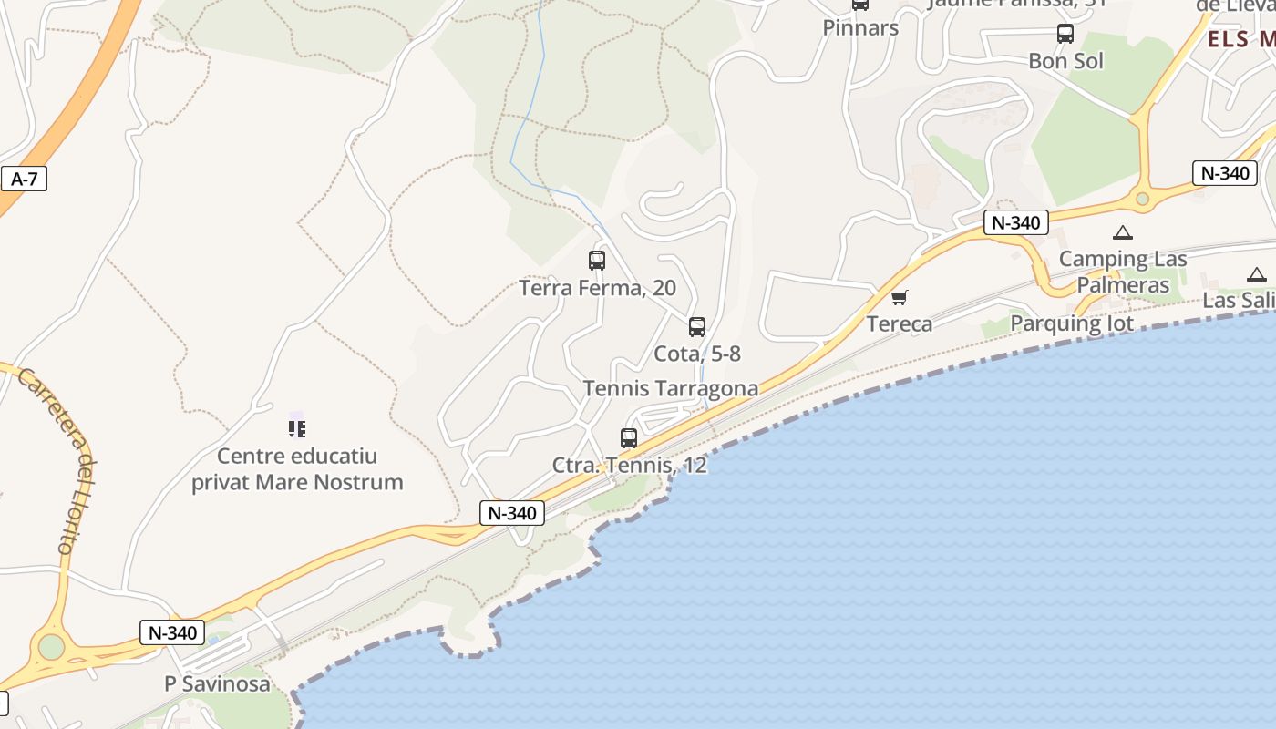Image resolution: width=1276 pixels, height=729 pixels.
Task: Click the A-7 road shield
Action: tap(25, 179)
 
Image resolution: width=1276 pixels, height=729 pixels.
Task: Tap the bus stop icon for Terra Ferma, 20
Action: tap(597, 261)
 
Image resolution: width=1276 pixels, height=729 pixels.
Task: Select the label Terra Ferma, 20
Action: tap(597, 288)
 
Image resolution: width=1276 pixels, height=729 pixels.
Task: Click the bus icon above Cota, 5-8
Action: tap(697, 326)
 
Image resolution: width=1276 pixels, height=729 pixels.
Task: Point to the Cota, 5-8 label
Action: tap(697, 354)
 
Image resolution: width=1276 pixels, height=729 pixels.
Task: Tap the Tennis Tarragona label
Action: tap(670, 388)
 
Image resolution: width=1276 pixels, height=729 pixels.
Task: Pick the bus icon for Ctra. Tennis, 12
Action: tap(629, 437)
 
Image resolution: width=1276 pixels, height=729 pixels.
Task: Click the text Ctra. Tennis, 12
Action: tap(629, 465)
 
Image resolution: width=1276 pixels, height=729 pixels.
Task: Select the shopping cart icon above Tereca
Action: tap(900, 297)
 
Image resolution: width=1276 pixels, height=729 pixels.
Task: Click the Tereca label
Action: tap(900, 323)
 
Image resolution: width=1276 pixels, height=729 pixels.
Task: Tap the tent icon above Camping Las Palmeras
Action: tap(1123, 233)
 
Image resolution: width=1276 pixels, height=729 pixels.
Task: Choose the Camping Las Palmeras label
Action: tap(1124, 272)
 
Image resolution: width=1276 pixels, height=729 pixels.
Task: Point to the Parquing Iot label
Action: tap(1072, 323)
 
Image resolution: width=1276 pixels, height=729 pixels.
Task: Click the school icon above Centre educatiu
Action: tap(296, 427)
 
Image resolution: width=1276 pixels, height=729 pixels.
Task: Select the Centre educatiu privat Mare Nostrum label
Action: tap(297, 468)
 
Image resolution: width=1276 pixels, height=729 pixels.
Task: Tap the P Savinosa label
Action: tap(217, 683)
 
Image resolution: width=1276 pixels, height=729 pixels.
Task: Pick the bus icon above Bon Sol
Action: tap(1065, 34)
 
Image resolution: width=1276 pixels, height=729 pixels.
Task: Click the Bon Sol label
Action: tap(1065, 61)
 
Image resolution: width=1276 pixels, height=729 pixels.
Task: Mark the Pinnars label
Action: tap(860, 27)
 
